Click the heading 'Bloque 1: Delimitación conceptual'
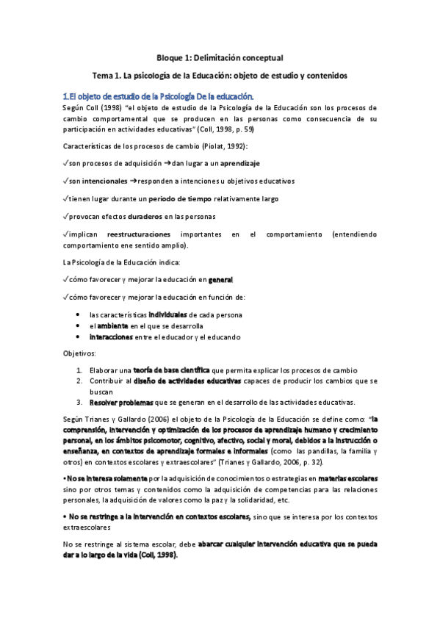click(x=220, y=57)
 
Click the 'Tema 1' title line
click(x=220, y=75)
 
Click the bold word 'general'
click(x=220, y=280)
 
